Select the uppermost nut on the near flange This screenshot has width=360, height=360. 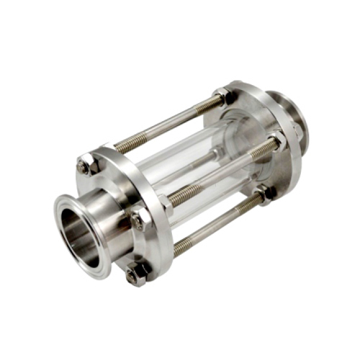[85, 166]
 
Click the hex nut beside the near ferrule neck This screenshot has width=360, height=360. [138, 218]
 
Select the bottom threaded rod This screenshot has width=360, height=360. [216, 224]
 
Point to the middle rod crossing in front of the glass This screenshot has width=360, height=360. [216, 176]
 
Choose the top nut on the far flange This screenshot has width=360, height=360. [224, 94]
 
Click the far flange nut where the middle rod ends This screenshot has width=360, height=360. [276, 140]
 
